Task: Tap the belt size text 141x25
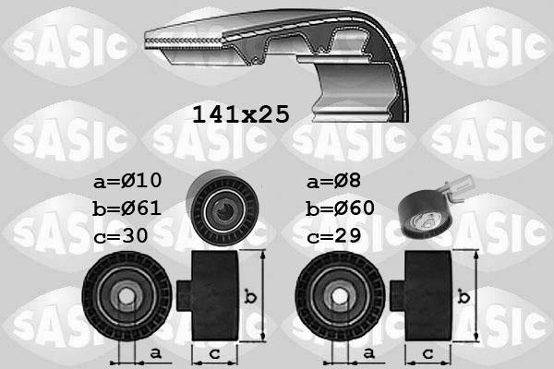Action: (240, 114)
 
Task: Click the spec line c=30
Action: (122, 235)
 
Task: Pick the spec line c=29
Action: (334, 235)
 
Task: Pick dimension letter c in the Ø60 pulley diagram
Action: (428, 352)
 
